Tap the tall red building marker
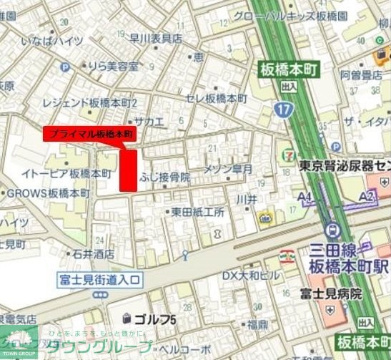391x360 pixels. point(128,170)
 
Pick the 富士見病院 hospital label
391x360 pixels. point(330,293)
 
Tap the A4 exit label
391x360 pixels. point(305,196)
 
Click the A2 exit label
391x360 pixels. point(367,196)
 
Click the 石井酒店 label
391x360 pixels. point(93,253)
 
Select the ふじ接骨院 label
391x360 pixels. point(164,176)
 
